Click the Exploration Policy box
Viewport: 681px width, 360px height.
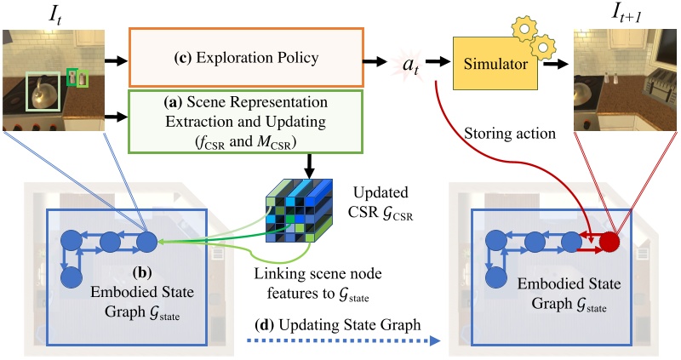pos(245,58)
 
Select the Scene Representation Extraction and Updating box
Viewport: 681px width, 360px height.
pos(245,118)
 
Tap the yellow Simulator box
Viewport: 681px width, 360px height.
pos(495,66)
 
